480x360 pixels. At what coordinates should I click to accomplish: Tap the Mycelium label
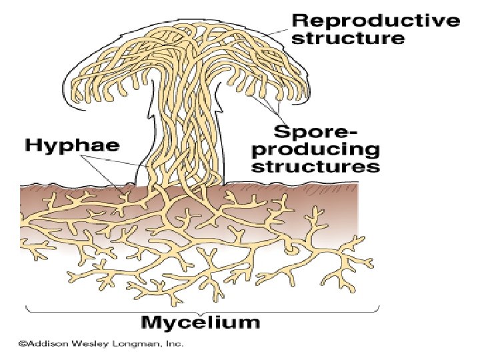200,323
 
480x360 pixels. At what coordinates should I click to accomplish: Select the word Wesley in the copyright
92,344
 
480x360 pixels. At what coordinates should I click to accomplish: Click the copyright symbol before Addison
21,344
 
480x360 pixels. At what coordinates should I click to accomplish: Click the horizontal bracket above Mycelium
200,309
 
